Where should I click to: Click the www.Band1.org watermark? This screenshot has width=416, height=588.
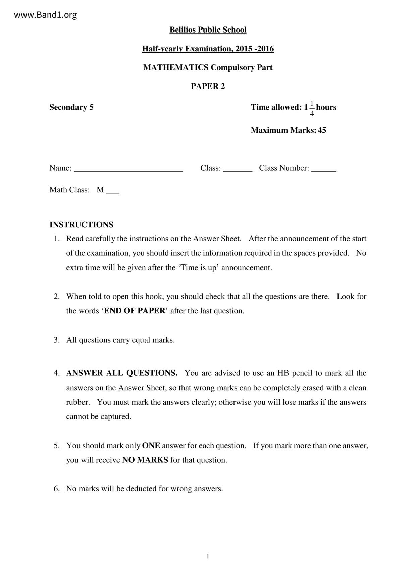point(46,15)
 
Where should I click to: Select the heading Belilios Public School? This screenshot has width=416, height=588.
point(208,30)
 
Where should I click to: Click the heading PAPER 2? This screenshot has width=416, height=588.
point(208,86)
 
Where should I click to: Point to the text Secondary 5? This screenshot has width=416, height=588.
point(71,107)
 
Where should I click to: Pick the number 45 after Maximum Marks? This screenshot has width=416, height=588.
point(322,130)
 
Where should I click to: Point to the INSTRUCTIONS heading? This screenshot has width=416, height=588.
point(81,225)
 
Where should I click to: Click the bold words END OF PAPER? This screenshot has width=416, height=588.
point(135,311)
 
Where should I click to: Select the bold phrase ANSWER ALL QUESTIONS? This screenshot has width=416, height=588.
point(122,373)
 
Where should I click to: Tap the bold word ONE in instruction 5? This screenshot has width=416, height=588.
point(151,446)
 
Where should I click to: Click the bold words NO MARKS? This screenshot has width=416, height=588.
point(145,460)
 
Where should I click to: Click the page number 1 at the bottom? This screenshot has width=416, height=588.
point(208,556)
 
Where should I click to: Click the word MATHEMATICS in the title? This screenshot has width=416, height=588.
point(176,68)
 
